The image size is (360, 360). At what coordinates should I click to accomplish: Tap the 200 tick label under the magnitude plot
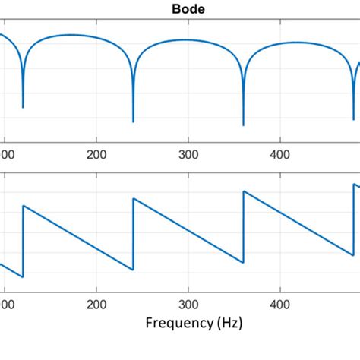point(96,153)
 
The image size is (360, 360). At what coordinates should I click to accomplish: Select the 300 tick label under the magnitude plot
point(188,153)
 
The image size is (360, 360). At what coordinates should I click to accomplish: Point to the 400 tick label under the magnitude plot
point(280,153)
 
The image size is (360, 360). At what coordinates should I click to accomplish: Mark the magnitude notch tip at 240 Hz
point(133,122)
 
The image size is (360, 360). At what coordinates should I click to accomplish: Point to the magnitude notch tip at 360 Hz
point(243,125)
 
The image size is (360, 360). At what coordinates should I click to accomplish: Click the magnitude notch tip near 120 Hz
point(23,107)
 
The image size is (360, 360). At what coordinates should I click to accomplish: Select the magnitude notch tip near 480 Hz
point(353,119)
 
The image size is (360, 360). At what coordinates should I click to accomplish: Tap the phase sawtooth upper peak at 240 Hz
point(134,199)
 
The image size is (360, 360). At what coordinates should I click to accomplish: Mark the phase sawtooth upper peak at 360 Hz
point(244,191)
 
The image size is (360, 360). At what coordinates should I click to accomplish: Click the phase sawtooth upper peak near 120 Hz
point(24,205)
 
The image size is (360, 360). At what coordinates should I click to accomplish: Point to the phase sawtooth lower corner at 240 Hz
point(133,270)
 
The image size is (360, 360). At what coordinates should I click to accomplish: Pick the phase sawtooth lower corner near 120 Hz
point(23,277)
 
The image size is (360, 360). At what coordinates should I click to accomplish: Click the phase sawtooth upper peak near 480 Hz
point(354,184)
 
